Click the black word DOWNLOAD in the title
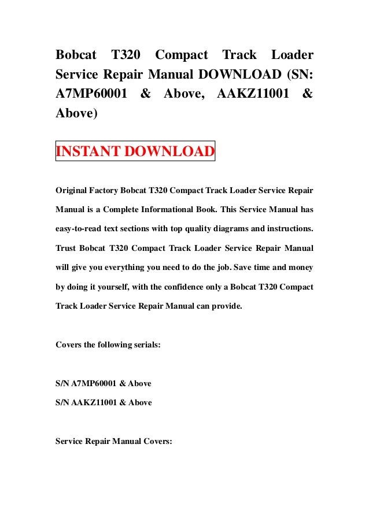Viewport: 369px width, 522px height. coord(226,75)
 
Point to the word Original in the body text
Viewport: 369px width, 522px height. coord(72,190)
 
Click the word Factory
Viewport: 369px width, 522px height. coord(110,190)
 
